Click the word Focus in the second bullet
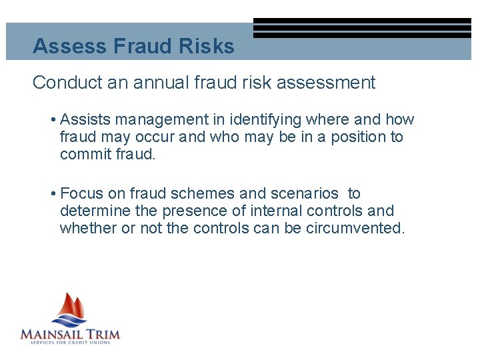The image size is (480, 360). [x=80, y=194]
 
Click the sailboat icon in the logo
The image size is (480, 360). [x=70, y=308]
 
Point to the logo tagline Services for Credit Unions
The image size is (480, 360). [x=70, y=343]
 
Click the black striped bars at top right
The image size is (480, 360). [x=362, y=28]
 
